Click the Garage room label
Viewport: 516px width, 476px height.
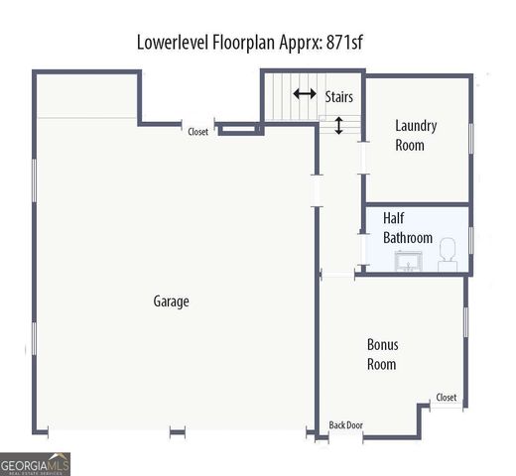[x=171, y=301]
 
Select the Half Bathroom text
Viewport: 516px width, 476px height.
[x=408, y=228]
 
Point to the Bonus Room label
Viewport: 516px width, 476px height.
[x=382, y=354]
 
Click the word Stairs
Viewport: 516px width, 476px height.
[x=339, y=97]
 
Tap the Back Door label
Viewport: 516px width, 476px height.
[x=346, y=425]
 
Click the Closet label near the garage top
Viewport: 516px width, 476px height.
[x=198, y=131]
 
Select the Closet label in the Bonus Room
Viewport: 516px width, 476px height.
[x=446, y=398]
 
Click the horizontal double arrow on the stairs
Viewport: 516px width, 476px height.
[x=305, y=94]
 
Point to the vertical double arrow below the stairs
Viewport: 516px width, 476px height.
[x=339, y=126]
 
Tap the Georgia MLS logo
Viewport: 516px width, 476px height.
[x=36, y=464]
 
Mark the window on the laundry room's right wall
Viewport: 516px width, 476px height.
[x=469, y=135]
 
